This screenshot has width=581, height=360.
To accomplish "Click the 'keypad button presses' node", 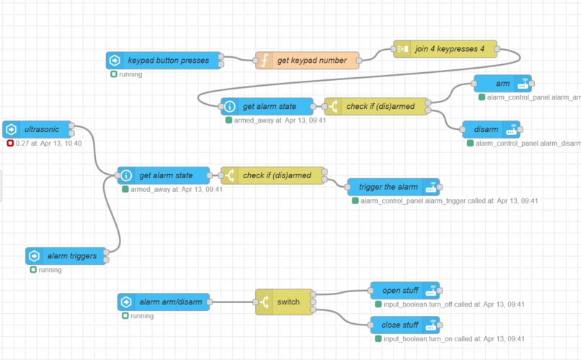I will pyautogui.click(x=168, y=61).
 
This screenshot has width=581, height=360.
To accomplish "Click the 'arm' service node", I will pyautogui.click(x=502, y=84).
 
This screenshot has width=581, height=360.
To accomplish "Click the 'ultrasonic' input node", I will pyautogui.click(x=40, y=130).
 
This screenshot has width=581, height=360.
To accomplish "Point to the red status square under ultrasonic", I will pyautogui.click(x=10, y=144).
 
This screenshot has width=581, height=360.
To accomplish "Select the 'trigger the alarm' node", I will pyautogui.click(x=388, y=187).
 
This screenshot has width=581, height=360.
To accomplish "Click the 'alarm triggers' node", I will pyautogui.click(x=67, y=256).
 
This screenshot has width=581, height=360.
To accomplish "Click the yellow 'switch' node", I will pyautogui.click(x=288, y=302).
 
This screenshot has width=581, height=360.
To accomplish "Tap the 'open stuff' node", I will pyautogui.click(x=400, y=291).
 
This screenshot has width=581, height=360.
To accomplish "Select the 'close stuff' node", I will pyautogui.click(x=400, y=325).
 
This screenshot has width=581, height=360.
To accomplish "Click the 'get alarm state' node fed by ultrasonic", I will pyautogui.click(x=165, y=175).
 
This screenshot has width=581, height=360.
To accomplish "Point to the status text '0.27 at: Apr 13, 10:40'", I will pyautogui.click(x=49, y=144).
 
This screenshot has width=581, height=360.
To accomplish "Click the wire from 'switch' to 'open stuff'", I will pyautogui.click(x=342, y=293).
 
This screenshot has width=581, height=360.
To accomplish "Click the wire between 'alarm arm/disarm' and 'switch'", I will pyautogui.click(x=232, y=302).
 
